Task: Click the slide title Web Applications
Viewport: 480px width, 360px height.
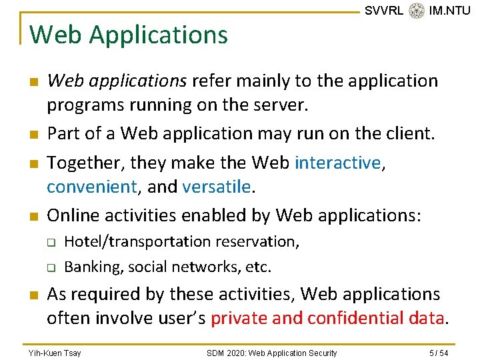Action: click(129, 35)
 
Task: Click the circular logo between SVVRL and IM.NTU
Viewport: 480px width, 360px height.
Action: click(417, 11)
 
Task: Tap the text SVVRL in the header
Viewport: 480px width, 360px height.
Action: click(384, 11)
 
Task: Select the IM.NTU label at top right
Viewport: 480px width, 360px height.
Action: click(450, 11)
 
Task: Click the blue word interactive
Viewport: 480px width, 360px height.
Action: click(337, 162)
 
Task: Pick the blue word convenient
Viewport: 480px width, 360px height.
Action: click(91, 187)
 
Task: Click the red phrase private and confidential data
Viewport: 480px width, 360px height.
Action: click(327, 318)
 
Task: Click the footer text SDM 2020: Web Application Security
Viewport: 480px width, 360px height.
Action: click(271, 353)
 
